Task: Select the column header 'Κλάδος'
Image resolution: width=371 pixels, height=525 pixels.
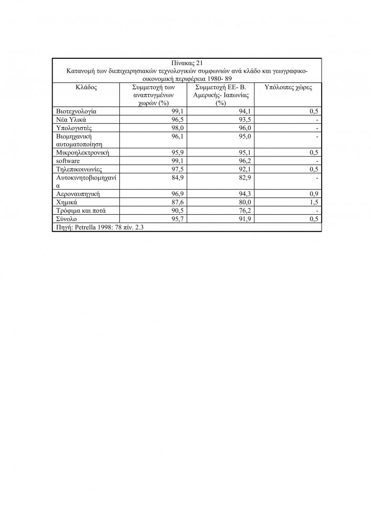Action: [x=86, y=87]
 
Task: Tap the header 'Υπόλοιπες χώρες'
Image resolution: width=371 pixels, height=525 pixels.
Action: [x=287, y=87]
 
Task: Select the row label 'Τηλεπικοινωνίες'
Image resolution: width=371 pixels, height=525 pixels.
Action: [x=78, y=169]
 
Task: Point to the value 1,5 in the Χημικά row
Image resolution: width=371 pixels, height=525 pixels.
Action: [x=314, y=202]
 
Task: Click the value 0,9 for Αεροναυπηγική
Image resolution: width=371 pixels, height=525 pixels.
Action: [x=314, y=194]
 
